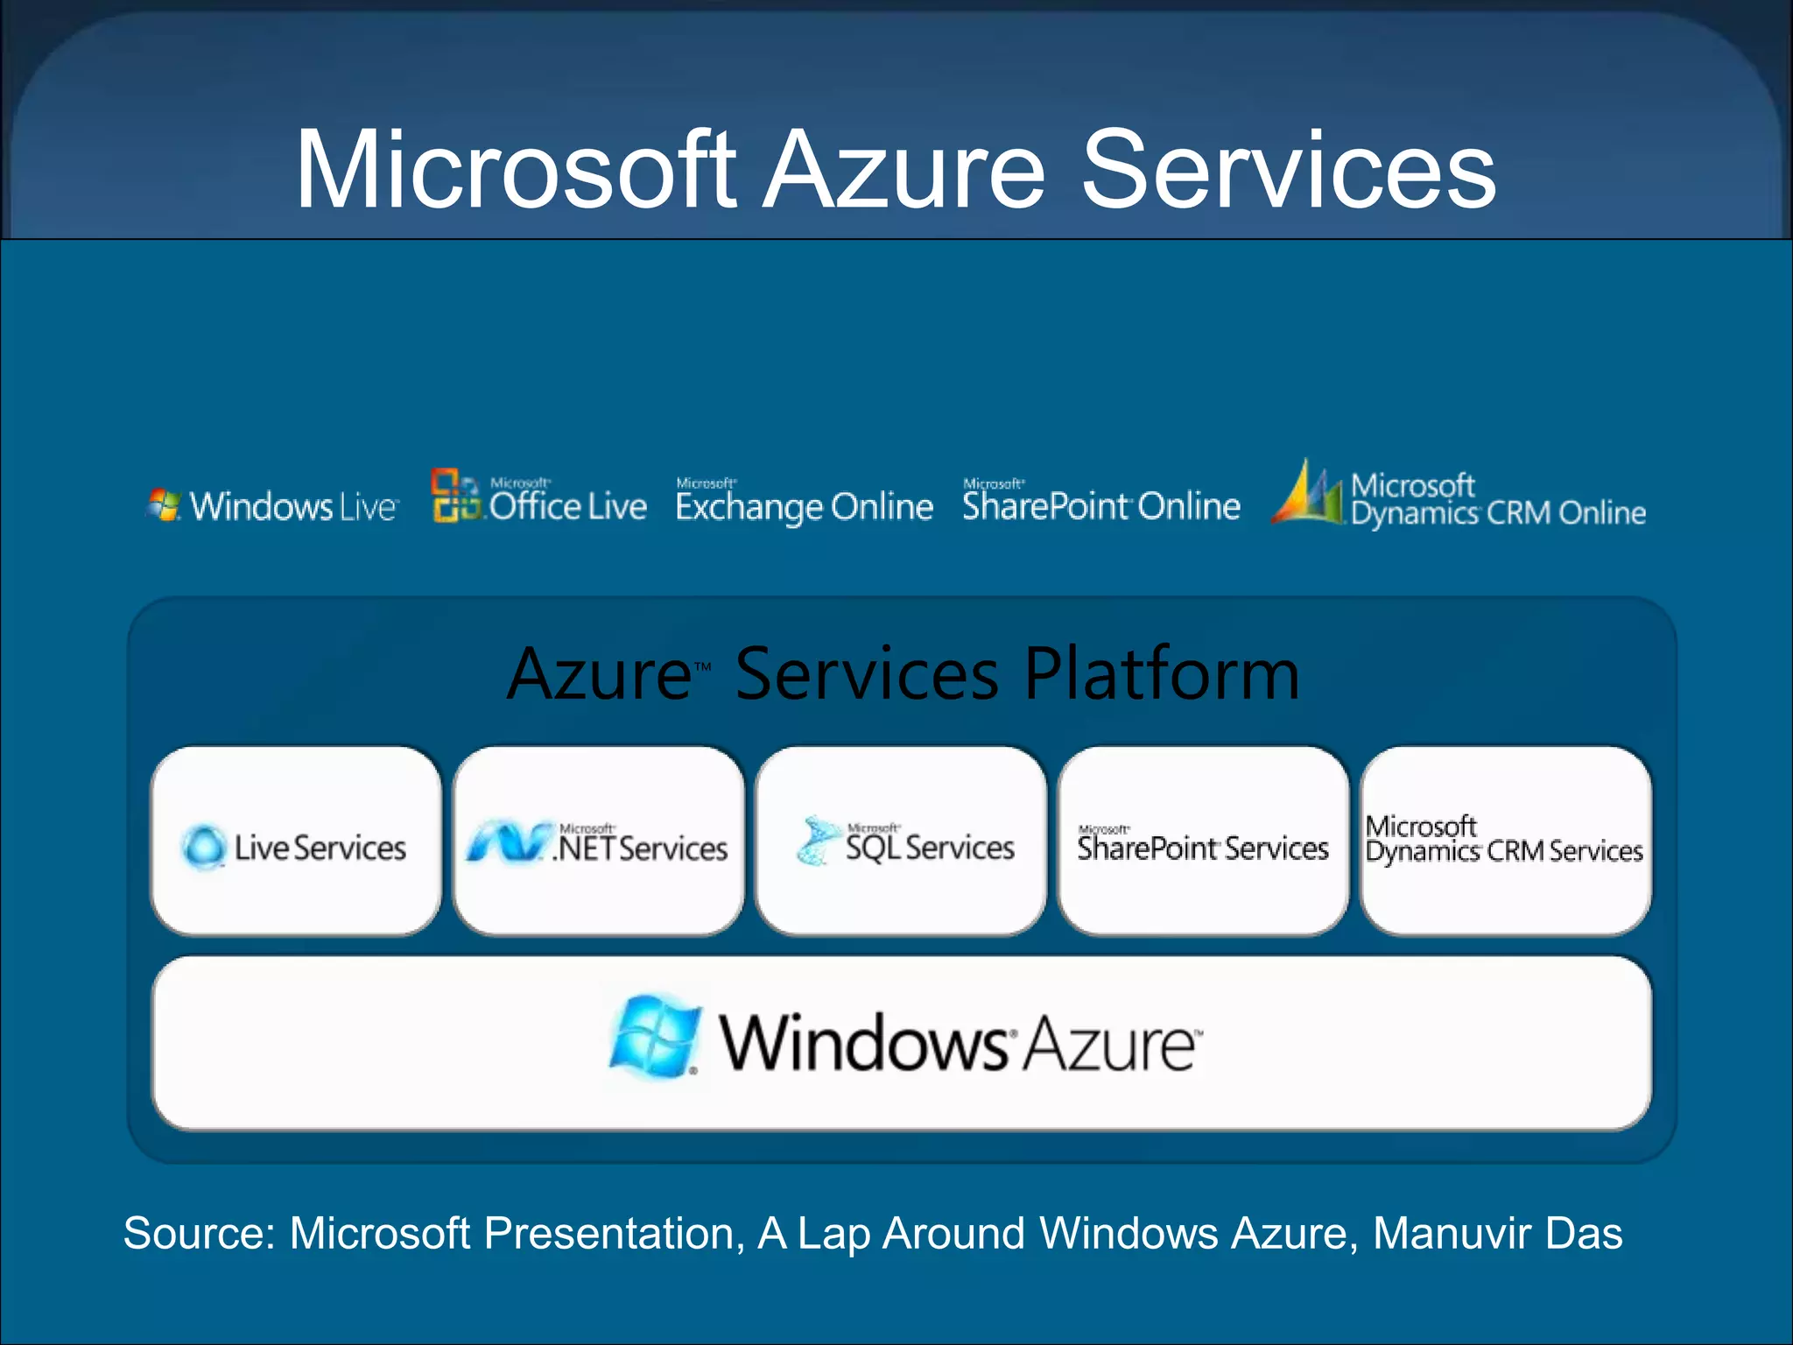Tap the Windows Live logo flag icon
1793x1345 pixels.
tap(164, 505)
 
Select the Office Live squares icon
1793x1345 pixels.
tap(455, 496)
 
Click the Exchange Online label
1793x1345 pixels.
tap(804, 506)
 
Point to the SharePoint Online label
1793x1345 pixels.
tap(1100, 504)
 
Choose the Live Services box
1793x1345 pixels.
tap(296, 841)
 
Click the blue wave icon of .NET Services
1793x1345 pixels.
tap(508, 842)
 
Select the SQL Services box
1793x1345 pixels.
tap(901, 841)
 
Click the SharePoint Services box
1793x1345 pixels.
tap(1203, 841)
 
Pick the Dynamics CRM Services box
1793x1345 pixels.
tap(1506, 841)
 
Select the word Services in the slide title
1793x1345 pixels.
tap(1288, 170)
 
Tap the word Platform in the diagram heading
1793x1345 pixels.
tap(1162, 673)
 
